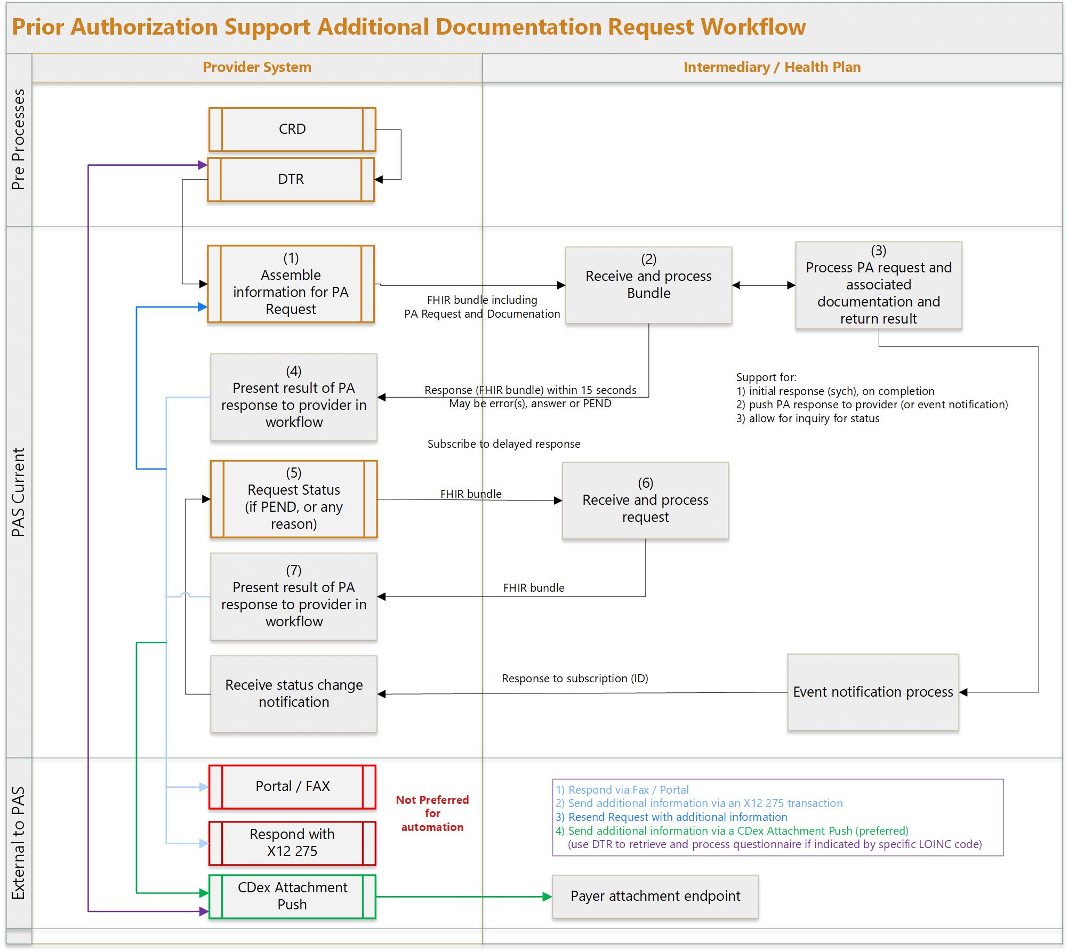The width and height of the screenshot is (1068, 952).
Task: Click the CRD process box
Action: point(292,130)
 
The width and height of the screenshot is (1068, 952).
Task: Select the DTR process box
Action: point(291,179)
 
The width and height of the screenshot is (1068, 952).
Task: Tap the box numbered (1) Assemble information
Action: point(291,284)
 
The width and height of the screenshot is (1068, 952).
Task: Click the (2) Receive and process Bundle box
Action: point(648,285)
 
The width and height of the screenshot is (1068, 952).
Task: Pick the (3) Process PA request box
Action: point(878,285)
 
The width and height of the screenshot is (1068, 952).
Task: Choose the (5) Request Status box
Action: point(293,498)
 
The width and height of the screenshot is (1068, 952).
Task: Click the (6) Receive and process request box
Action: point(645,500)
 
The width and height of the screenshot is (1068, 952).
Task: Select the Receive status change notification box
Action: point(293,693)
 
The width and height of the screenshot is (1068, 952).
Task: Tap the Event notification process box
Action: point(873,692)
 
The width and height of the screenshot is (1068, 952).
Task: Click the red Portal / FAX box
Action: point(292,786)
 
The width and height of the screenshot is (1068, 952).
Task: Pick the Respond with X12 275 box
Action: point(292,843)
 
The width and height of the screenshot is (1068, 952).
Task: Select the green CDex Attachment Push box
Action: point(292,896)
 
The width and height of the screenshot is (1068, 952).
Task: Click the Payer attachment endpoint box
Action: point(655,896)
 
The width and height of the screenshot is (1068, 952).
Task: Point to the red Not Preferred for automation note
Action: point(432,813)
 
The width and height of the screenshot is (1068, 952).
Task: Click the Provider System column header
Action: point(257,67)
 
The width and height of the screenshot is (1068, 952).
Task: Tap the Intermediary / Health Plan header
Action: point(772,67)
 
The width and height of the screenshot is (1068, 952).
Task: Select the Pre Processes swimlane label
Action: point(19,140)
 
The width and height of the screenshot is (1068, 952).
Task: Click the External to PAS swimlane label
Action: point(19,843)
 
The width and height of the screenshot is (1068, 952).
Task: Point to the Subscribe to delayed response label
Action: point(503,444)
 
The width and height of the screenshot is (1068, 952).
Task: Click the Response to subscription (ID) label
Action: point(575,679)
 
